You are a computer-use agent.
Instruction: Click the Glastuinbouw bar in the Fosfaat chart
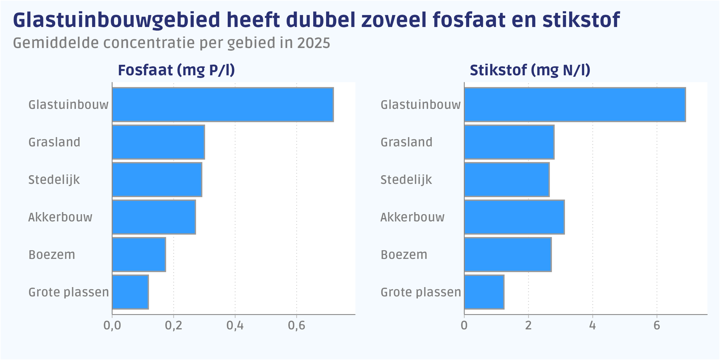223,105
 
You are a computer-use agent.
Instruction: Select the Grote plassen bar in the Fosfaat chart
130,292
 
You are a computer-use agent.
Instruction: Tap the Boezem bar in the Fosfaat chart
139,254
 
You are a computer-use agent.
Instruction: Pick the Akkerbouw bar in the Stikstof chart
514,217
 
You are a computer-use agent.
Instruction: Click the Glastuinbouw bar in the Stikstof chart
575,105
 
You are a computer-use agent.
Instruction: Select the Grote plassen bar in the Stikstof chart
484,292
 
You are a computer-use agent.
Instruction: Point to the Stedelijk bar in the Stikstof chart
507,179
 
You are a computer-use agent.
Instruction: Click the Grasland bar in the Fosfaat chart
158,142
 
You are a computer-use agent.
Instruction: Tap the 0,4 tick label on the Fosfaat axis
235,326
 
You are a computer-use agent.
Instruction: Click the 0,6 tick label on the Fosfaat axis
296,326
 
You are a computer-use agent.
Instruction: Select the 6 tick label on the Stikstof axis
657,326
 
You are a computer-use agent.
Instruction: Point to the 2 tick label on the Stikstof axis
528,326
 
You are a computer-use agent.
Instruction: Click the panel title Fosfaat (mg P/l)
176,70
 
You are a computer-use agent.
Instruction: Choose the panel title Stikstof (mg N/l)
530,70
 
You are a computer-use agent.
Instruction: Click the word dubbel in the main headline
320,20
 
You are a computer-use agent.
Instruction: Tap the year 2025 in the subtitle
314,43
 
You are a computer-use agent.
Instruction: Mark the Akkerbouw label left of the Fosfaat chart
60,217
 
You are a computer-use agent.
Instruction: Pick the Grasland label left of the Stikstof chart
406,142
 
